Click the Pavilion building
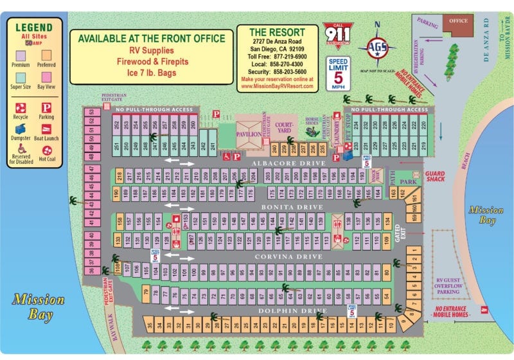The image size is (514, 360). click(x=249, y=134)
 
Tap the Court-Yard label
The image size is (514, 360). click(x=283, y=128)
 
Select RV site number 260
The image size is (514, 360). click(x=193, y=125)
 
